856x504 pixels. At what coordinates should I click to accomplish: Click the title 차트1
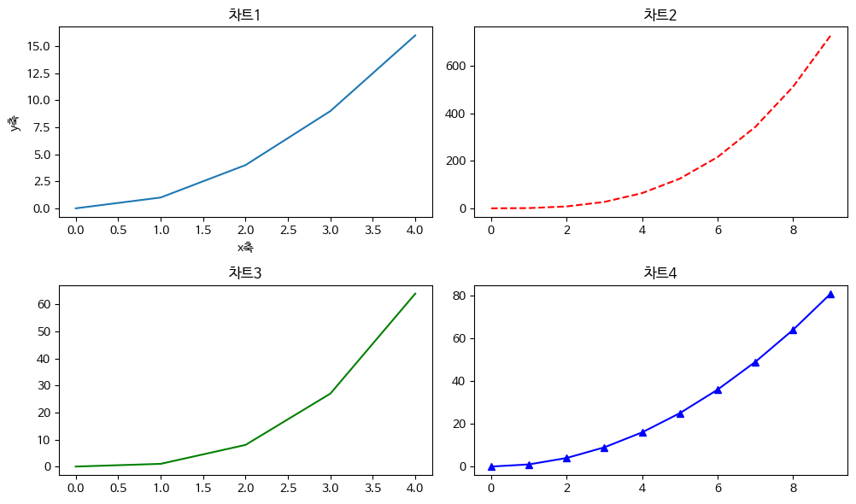click(244, 15)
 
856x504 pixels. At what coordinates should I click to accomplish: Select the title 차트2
click(660, 15)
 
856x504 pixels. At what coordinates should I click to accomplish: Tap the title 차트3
click(244, 273)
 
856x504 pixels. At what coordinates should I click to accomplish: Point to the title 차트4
click(660, 273)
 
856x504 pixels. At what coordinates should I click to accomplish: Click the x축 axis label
click(245, 248)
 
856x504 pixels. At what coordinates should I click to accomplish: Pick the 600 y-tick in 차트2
click(454, 66)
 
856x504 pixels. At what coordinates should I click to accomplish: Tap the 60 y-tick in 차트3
click(42, 304)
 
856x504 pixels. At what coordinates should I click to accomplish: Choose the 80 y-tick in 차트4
click(458, 296)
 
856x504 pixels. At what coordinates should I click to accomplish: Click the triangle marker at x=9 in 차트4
click(830, 294)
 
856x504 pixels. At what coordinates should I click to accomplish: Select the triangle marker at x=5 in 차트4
click(680, 413)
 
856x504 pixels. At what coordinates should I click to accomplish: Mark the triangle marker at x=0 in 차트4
click(491, 466)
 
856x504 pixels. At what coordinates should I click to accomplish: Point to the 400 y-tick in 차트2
click(454, 114)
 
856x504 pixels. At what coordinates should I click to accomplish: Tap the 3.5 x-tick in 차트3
click(372, 487)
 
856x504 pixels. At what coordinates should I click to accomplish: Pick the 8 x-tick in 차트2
click(793, 229)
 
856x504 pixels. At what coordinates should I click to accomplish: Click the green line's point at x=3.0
click(331, 393)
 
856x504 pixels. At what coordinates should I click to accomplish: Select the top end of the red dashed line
click(830, 36)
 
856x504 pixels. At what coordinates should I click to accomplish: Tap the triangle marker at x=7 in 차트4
click(755, 362)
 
